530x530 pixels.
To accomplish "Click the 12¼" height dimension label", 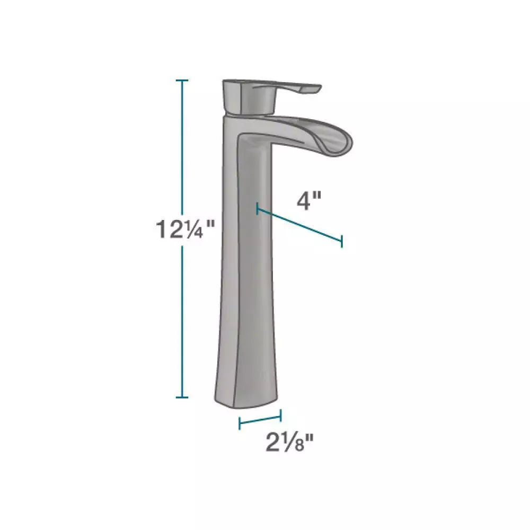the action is pos(185,229).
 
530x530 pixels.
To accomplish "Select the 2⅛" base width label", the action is pos(290,443).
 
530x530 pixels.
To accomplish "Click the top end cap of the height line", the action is pos(182,81).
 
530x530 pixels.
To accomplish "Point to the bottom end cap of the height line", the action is pos(182,397).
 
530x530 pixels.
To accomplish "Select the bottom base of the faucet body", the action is pos(246,402).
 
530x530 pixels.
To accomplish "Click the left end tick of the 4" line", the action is pos(258,208).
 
